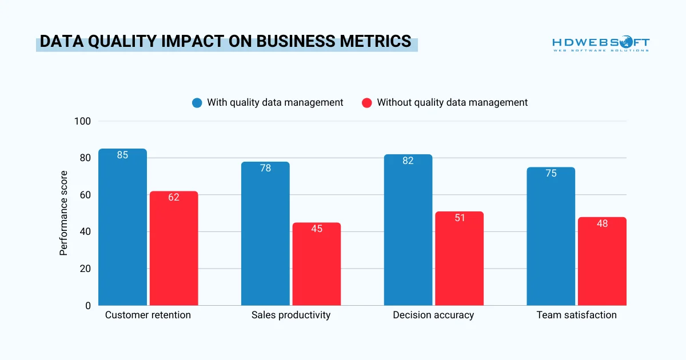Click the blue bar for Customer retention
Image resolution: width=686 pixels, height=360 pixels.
click(x=122, y=229)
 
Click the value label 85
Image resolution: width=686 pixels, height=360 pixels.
click(x=122, y=155)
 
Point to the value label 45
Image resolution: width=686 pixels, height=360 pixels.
click(x=316, y=229)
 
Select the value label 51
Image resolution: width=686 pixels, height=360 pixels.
click(x=459, y=218)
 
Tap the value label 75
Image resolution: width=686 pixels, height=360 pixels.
click(x=551, y=173)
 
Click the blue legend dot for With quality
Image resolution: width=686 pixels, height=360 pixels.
click(x=197, y=103)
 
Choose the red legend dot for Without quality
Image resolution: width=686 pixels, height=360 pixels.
click(x=367, y=103)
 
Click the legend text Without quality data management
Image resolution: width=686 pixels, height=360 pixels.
click(x=452, y=102)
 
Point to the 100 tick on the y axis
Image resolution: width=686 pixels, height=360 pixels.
click(x=82, y=121)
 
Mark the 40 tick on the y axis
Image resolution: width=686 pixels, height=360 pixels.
click(x=85, y=232)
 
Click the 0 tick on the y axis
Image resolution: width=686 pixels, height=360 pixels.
click(x=87, y=306)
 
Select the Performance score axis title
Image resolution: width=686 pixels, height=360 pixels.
click(x=64, y=213)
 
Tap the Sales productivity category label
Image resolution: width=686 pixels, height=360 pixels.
click(x=291, y=315)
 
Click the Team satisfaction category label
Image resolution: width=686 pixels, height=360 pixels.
click(x=576, y=315)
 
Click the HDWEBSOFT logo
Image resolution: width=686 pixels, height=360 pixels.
click(x=600, y=44)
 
